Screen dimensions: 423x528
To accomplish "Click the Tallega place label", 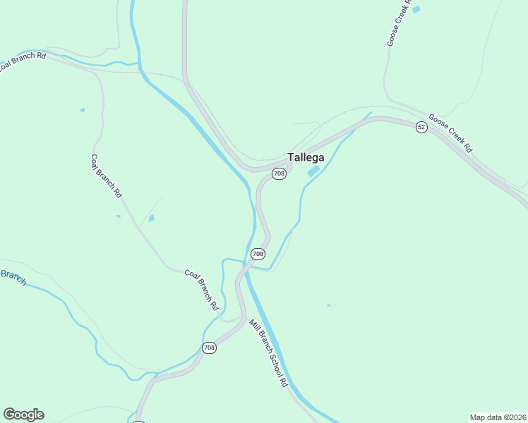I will [306, 158].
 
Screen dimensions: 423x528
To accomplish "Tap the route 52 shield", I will [421, 127].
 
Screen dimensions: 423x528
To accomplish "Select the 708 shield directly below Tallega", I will [279, 173].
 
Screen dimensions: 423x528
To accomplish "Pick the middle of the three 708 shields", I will [258, 254].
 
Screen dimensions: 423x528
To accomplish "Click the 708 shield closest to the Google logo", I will [209, 348].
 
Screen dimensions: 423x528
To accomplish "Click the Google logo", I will [23, 415].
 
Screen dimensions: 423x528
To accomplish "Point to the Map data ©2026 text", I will [498, 417].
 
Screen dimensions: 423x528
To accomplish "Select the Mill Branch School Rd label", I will [269, 352].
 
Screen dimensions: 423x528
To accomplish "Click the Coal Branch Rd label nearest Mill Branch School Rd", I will [201, 290].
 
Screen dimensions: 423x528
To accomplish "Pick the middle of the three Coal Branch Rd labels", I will [107, 176].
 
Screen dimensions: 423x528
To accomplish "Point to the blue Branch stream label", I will [13, 277].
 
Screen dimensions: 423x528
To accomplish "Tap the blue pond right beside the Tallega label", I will [313, 171].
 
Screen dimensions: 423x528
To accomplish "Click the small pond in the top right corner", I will [416, 10].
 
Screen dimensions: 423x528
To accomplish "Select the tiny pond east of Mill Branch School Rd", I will [328, 305].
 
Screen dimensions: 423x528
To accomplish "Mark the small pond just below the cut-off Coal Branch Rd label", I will [83, 110].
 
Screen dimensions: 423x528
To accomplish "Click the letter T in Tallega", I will [290, 158].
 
